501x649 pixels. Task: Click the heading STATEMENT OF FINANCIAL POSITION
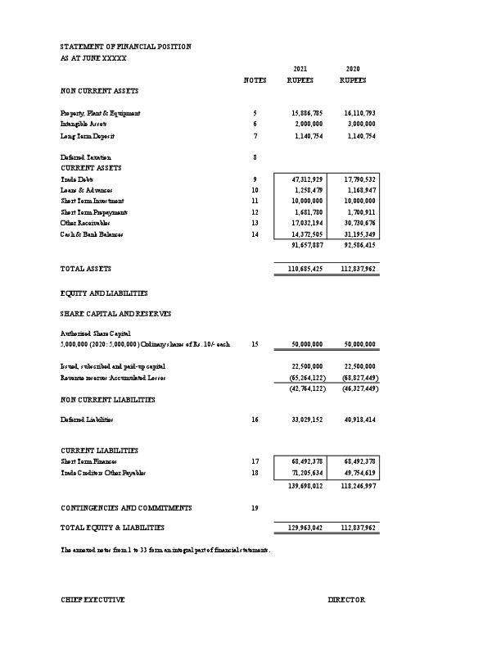coord(126,47)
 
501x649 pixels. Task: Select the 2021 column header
coord(300,69)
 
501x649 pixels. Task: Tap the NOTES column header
coord(255,80)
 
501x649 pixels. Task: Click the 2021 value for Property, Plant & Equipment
coord(307,112)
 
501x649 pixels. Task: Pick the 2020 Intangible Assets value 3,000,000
coord(359,123)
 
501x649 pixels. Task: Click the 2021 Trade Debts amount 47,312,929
coord(307,179)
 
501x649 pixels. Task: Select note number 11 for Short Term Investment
coord(255,201)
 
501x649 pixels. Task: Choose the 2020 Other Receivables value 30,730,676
coord(359,223)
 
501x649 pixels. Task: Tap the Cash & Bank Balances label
coord(92,234)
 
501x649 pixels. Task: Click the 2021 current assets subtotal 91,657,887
coord(307,245)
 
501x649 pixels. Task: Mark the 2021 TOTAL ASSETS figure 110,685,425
coord(306,269)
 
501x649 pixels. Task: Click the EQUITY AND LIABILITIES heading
coord(104,293)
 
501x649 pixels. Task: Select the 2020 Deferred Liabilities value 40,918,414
coord(359,420)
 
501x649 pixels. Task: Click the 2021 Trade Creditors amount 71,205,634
coord(307,474)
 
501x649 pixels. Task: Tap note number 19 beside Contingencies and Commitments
coord(255,508)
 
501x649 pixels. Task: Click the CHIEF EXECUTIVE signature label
coord(93,601)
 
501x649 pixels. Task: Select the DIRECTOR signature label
coord(346,601)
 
